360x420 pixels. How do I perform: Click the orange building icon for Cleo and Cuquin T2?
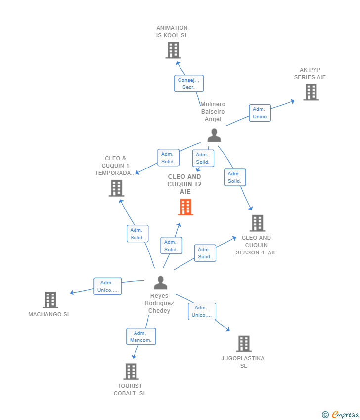(185, 207)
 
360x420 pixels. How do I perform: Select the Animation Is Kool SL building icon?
(173, 50)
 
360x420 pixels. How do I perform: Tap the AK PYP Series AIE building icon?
(311, 92)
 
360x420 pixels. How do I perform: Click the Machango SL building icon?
(50, 299)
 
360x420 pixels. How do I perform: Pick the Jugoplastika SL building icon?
(244, 343)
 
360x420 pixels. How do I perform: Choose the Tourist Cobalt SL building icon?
(131, 372)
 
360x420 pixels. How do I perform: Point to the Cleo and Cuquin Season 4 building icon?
(257, 223)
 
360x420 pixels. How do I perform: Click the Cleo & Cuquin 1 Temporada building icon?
(116, 188)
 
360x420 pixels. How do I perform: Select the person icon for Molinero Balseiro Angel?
(214, 135)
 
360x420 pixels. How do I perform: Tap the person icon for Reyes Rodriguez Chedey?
(160, 283)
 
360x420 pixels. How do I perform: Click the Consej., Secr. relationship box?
(188, 84)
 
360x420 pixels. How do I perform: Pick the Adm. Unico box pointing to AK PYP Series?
(260, 113)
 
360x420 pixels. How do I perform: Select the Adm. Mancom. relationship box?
(141, 336)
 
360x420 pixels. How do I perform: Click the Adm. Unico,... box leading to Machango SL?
(108, 286)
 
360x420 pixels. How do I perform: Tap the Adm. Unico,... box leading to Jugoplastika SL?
(202, 311)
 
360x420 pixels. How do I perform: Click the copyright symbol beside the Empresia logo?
(325, 415)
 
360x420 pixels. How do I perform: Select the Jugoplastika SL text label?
(243, 362)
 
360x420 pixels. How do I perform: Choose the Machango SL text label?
(49, 314)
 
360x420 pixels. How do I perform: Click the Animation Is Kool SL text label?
(172, 32)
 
